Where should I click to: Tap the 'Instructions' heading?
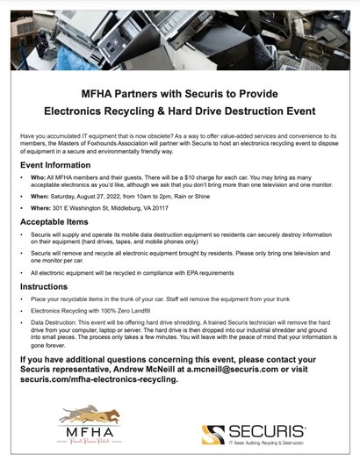(x=44, y=286)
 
